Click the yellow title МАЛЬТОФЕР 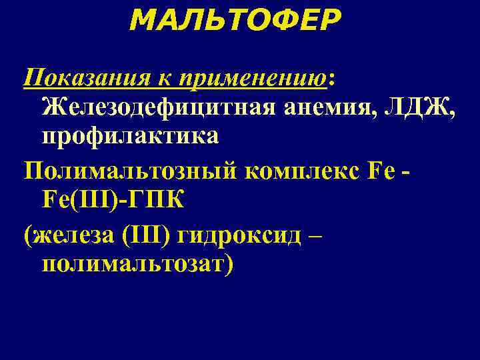coord(234,21)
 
